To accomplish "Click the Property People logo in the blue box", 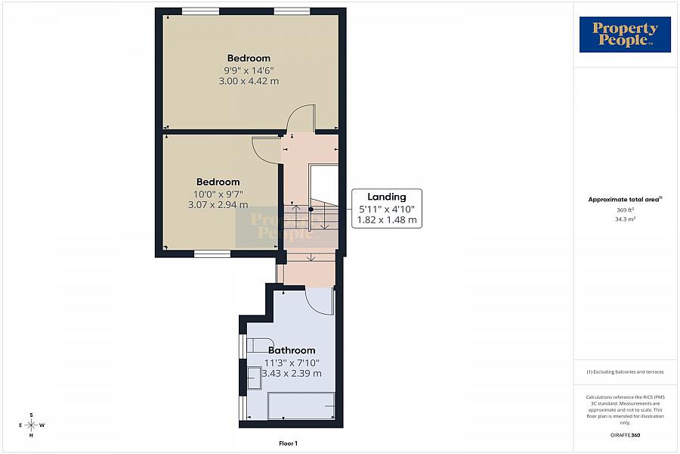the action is (x=625, y=35).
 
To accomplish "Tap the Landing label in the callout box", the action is (x=386, y=197).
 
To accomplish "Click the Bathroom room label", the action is (x=292, y=350).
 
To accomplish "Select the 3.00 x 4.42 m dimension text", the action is (x=249, y=81).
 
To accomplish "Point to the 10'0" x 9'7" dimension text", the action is (x=218, y=194).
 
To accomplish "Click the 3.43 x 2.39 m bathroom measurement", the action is (x=292, y=374).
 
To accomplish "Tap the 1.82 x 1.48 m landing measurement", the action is (x=386, y=220).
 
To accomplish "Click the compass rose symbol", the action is (x=31, y=425).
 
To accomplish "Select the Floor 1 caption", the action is (x=288, y=443).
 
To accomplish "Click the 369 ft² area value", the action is (x=625, y=210).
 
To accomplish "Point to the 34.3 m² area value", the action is (x=625, y=219).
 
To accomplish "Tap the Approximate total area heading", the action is (x=625, y=200).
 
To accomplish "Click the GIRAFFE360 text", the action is (x=625, y=435).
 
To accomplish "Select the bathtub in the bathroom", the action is (x=301, y=406).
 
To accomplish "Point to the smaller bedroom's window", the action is (x=212, y=253).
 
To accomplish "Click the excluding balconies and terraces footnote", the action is (x=625, y=372).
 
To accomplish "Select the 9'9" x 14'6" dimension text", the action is (x=249, y=70).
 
